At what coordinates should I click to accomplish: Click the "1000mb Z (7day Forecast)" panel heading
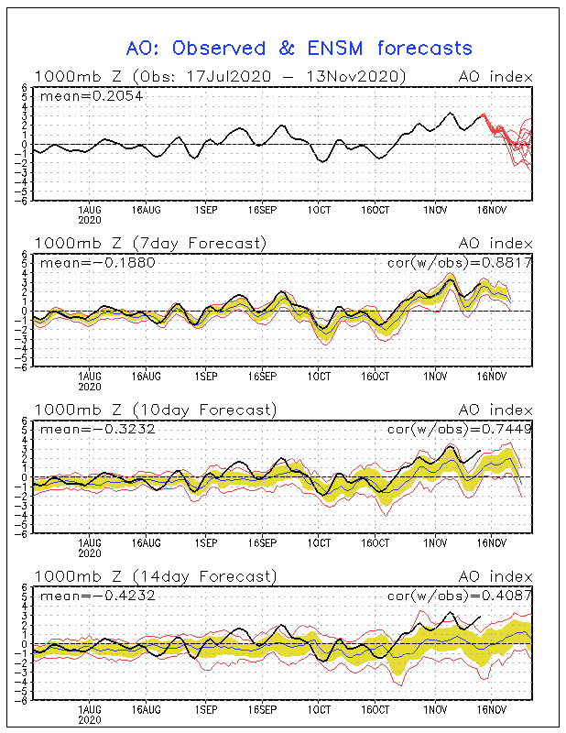pyautogui.click(x=150, y=243)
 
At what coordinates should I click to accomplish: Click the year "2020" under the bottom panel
pyautogui.click(x=89, y=720)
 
